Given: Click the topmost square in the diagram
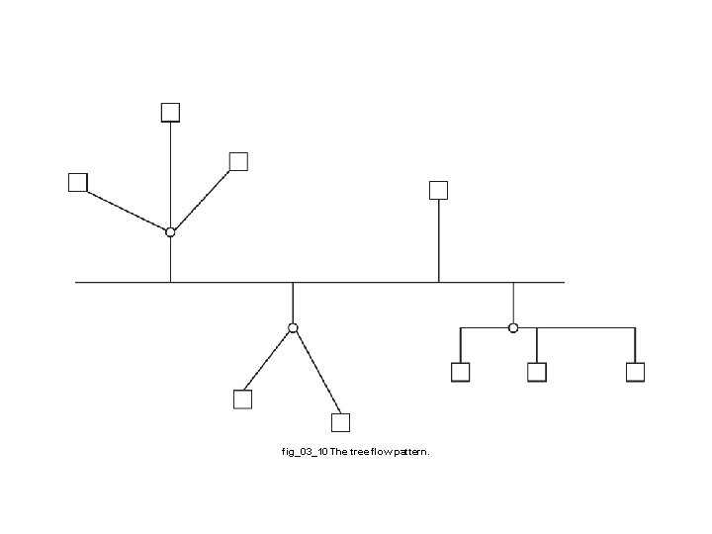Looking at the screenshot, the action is [171, 112].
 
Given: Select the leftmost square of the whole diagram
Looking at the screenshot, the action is [78, 182].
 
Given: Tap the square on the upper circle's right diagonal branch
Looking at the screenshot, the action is [238, 161].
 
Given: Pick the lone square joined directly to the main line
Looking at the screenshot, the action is [439, 190].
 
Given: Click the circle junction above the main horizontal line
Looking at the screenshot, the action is [170, 231].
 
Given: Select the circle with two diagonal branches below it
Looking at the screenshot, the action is [293, 327].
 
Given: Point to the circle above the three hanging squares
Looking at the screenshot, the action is [512, 327].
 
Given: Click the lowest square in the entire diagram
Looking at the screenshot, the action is [340, 423].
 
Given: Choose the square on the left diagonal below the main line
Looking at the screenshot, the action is [242, 400].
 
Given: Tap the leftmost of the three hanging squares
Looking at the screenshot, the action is [460, 372].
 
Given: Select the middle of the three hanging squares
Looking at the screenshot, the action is [537, 372].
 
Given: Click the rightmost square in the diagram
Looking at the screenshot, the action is [635, 372].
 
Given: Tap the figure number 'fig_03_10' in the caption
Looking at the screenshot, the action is [305, 452].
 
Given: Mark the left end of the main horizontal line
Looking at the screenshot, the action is [77, 282].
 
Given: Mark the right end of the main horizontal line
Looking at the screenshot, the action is [563, 282].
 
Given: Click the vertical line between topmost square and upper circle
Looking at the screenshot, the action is [171, 173].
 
